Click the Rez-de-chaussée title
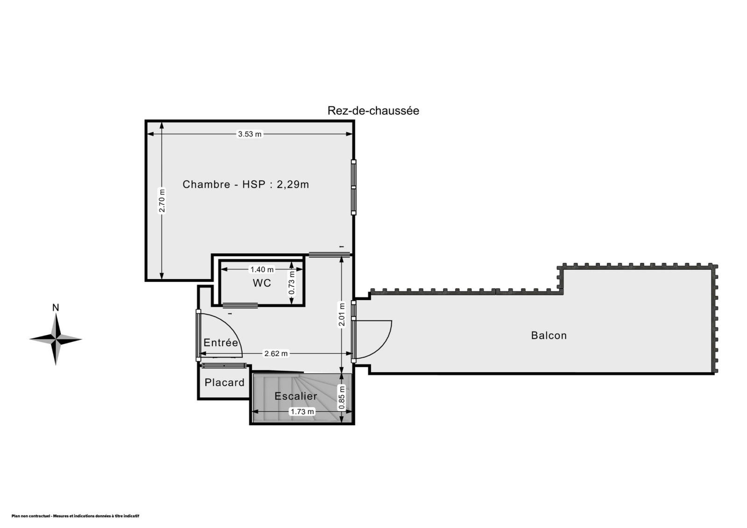point(373,110)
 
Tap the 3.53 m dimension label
point(249,134)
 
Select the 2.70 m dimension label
point(162,200)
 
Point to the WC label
point(262,283)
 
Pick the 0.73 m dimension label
point(291,283)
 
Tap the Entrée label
point(221,343)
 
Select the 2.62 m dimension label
point(276,353)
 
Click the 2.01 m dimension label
point(341,315)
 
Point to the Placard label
point(225,382)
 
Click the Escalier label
point(296,396)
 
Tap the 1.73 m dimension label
point(302,412)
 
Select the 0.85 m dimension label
point(341,397)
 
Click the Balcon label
point(549,335)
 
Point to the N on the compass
point(56,308)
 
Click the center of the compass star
point(56,339)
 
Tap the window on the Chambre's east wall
point(353,188)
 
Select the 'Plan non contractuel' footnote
point(75,516)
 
